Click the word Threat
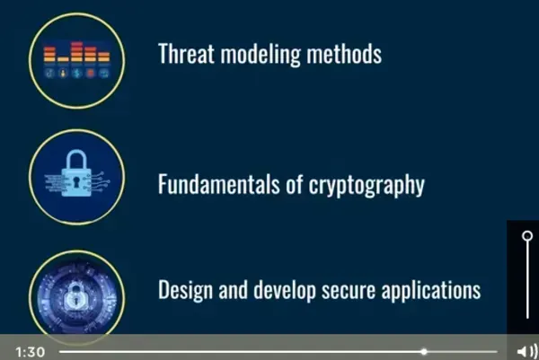pyautogui.click(x=185, y=54)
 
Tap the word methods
pyautogui.click(x=342, y=54)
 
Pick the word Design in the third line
pyautogui.click(x=183, y=291)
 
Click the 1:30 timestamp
pyautogui.click(x=30, y=351)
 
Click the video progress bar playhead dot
pyautogui.click(x=424, y=351)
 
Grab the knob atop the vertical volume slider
pyautogui.click(x=527, y=236)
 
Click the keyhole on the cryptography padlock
pyautogui.click(x=76, y=186)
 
